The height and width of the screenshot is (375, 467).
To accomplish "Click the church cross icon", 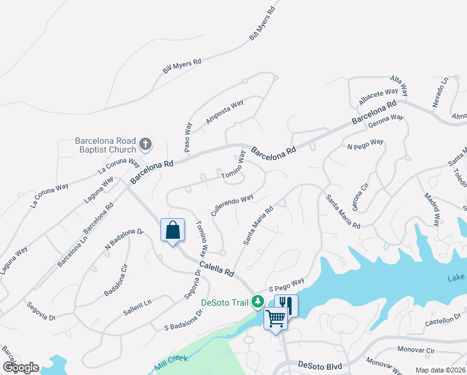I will pyautogui.click(x=145, y=145).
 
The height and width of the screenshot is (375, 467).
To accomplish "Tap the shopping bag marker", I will pyautogui.click(x=172, y=229).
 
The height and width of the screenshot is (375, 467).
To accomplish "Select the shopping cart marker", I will pyautogui.click(x=275, y=318).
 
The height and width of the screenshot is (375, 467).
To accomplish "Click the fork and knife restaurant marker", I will pyautogui.click(x=286, y=306).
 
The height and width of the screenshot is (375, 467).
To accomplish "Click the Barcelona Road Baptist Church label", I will pyautogui.click(x=106, y=145).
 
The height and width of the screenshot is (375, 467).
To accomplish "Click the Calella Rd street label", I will pyautogui.click(x=217, y=269).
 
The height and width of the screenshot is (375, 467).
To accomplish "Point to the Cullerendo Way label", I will pyautogui.click(x=232, y=204).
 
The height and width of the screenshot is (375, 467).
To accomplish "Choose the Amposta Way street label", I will pyautogui.click(x=224, y=113).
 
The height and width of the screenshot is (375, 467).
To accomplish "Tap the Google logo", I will pyautogui.click(x=20, y=367).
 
